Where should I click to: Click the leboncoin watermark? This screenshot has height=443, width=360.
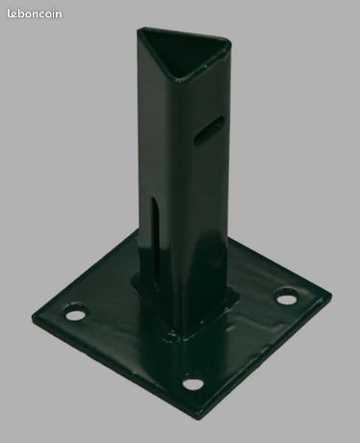(x=35, y=13)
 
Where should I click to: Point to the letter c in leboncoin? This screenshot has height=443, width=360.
(x=42, y=14)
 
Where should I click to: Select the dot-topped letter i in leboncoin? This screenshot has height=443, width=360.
(x=53, y=13)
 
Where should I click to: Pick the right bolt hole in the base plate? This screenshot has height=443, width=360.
(x=286, y=298)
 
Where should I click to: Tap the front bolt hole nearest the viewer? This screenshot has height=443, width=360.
(x=193, y=382)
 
